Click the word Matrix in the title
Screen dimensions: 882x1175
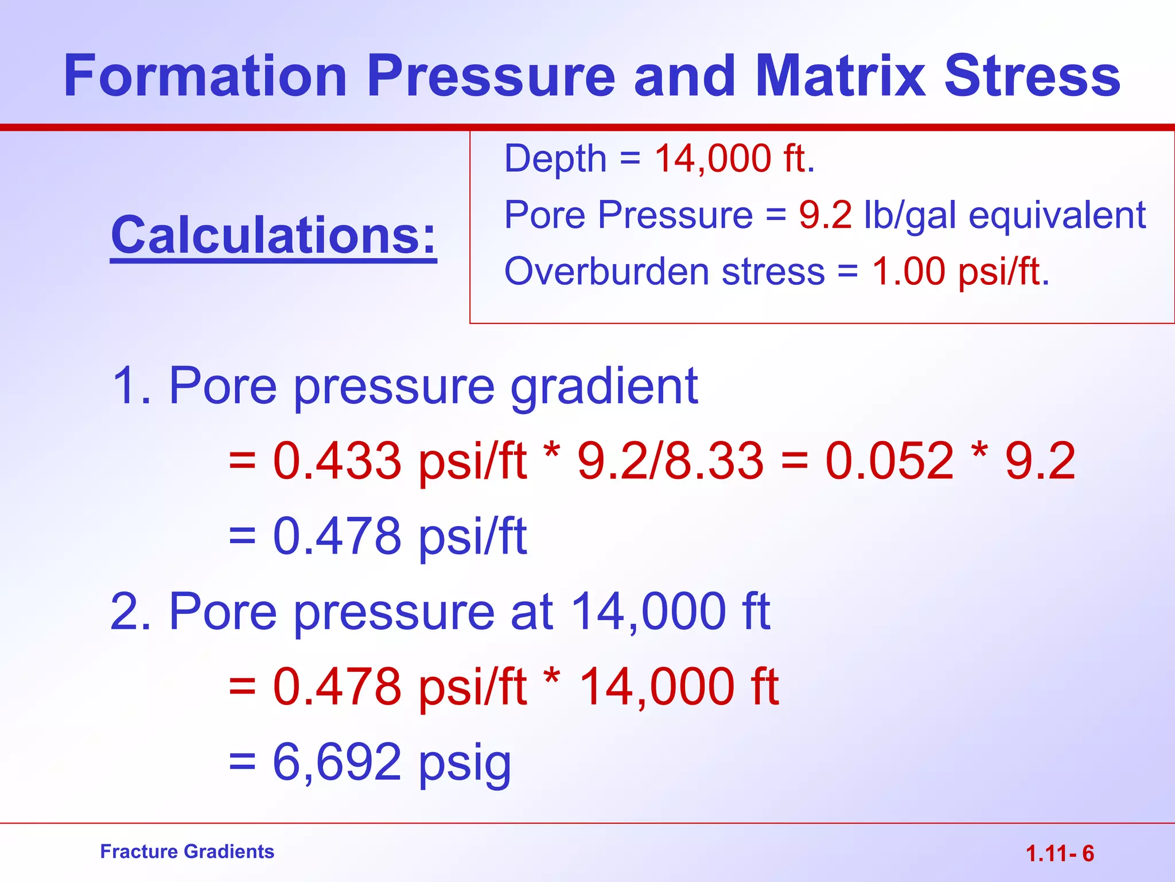(840, 76)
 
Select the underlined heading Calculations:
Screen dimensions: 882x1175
(274, 235)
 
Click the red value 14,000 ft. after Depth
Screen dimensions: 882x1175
(734, 158)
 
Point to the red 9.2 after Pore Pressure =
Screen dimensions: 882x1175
(825, 215)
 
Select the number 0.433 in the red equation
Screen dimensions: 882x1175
(337, 461)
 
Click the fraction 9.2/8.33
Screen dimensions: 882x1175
(670, 461)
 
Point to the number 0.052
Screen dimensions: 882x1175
(889, 461)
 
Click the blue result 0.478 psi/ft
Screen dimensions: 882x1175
(399, 536)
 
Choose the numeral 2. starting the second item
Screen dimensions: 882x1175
(131, 612)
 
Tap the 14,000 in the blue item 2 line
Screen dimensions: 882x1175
(649, 612)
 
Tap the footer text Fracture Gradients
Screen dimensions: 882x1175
(187, 852)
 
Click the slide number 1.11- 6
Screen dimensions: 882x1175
(1060, 854)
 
